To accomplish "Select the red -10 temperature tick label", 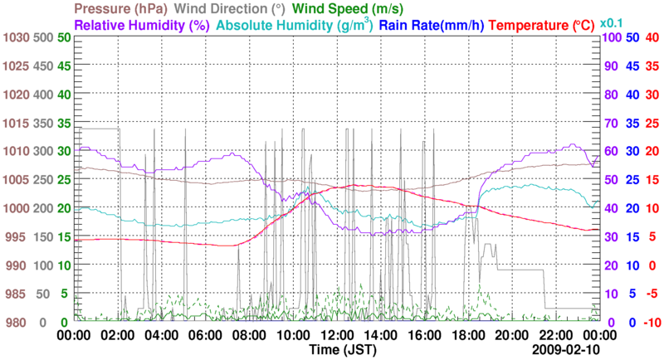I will pos(651,322).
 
